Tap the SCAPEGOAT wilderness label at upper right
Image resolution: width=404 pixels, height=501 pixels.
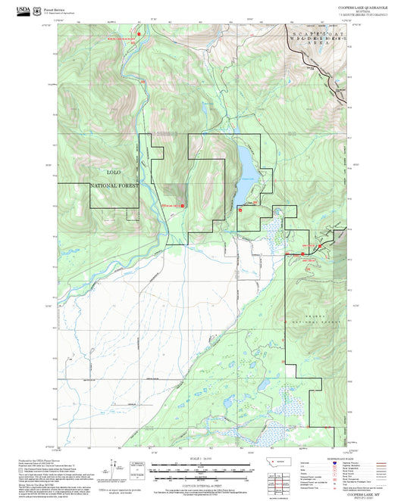tap(318, 35)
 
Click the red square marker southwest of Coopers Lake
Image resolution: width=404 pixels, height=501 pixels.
tap(240, 211)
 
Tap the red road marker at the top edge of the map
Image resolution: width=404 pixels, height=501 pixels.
tap(138, 33)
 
